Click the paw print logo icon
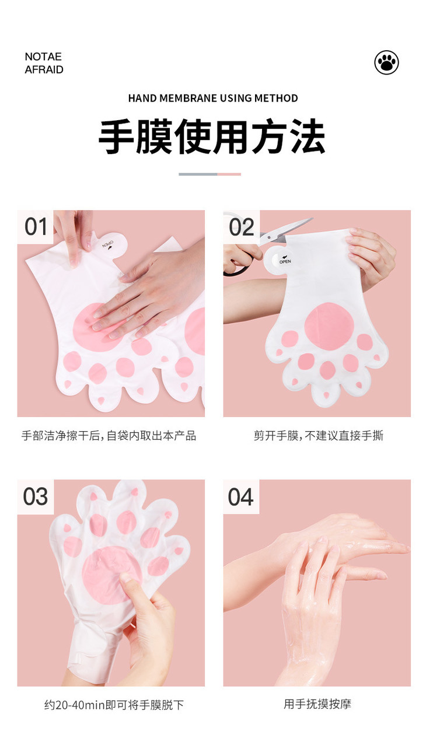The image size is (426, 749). coord(386,62)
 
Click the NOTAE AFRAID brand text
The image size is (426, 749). coord(44,63)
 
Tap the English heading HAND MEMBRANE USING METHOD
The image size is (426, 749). coord(213,98)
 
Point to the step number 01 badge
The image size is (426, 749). coord(35,226)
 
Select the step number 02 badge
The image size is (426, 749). coord(241,226)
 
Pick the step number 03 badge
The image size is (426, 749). coord(35,496)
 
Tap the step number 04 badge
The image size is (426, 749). coord(241,496)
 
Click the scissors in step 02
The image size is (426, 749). coord(283,231)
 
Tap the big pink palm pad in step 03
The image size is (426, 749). coord(111,575)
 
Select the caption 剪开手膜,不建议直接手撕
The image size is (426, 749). coord(318,436)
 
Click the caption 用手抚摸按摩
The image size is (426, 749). coord(317,704)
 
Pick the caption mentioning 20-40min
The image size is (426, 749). coord(114,705)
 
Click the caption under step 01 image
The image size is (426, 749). coord(109,436)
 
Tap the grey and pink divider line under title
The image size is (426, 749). coord(209,174)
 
